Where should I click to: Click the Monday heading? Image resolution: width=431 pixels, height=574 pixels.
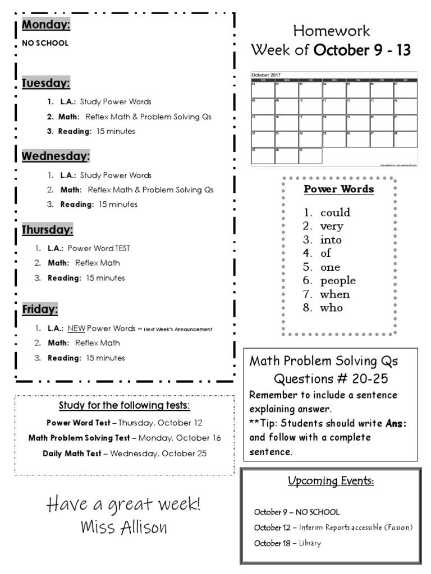pyautogui.click(x=46, y=25)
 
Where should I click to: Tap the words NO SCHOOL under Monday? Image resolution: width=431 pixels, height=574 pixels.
pyautogui.click(x=45, y=43)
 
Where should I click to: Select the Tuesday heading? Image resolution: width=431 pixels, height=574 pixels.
pyautogui.click(x=46, y=84)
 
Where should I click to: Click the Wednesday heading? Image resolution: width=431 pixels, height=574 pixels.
pyautogui.click(x=56, y=156)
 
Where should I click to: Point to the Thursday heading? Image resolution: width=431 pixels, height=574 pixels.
pyautogui.click(x=47, y=230)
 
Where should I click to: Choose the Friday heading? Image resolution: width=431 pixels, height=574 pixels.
pyautogui.click(x=40, y=309)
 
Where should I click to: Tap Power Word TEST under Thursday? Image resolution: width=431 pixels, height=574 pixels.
pyautogui.click(x=99, y=248)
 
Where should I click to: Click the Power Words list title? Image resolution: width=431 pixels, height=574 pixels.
pyautogui.click(x=338, y=189)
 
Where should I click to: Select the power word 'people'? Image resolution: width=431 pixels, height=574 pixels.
pyautogui.click(x=338, y=280)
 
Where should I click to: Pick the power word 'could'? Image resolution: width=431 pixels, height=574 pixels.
pyautogui.click(x=335, y=212)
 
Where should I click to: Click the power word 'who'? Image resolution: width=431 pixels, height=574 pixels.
pyautogui.click(x=331, y=308)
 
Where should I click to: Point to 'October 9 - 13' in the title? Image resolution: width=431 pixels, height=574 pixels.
pyautogui.click(x=362, y=50)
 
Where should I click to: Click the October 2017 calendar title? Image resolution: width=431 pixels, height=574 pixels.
pyautogui.click(x=266, y=75)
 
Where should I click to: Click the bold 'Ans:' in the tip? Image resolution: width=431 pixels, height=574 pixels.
pyautogui.click(x=396, y=423)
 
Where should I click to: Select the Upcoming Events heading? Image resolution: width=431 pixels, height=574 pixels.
pyautogui.click(x=331, y=481)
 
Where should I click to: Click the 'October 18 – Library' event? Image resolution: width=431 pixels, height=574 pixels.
pyautogui.click(x=288, y=543)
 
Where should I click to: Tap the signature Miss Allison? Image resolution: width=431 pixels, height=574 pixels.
pyautogui.click(x=123, y=527)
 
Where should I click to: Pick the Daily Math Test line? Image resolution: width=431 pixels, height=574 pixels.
pyautogui.click(x=124, y=453)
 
